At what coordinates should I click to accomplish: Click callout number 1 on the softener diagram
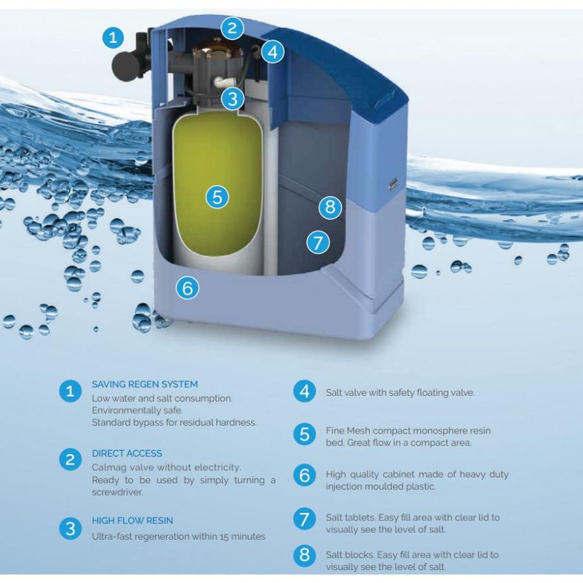113,38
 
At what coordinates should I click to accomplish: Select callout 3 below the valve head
231,99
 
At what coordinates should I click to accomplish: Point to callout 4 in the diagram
273,52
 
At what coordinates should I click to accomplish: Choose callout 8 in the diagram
330,207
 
